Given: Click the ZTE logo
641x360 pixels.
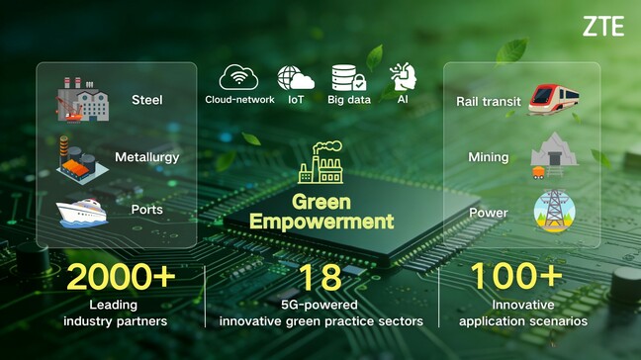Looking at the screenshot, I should (x=602, y=26).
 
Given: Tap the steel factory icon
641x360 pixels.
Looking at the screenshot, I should (x=83, y=99).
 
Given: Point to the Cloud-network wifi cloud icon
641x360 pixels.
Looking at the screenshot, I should (x=238, y=78).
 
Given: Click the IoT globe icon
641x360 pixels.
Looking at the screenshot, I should (x=296, y=78).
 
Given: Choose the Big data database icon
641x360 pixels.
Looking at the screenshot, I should (x=349, y=78).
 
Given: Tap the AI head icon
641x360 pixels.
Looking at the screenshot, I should (x=403, y=77).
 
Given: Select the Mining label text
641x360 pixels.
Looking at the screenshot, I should (x=489, y=157).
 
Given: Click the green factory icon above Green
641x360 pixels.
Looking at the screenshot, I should (x=320, y=163).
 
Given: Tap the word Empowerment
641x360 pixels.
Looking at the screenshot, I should (x=321, y=221).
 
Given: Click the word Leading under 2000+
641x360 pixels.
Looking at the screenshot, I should (x=113, y=305).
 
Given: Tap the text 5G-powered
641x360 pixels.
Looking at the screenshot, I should (x=320, y=305).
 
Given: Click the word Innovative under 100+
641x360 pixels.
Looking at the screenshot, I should (x=515, y=305).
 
